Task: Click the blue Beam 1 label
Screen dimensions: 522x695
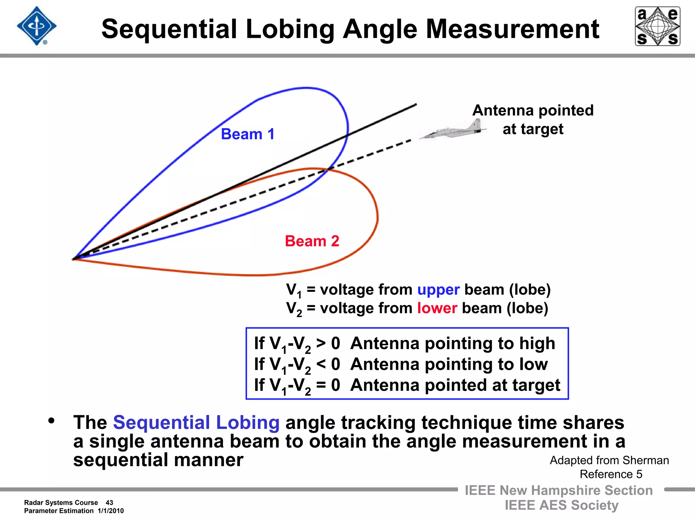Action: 248,134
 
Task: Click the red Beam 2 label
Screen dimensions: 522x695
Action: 312,241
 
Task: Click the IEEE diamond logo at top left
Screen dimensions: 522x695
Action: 37,26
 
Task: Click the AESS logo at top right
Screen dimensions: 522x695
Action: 657,26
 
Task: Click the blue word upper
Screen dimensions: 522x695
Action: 438,290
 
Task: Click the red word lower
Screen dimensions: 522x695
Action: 437,308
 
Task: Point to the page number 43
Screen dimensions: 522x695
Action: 109,503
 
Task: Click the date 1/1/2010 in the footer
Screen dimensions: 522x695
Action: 111,511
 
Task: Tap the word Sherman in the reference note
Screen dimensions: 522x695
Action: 645,460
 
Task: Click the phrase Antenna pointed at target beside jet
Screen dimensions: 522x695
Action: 533,120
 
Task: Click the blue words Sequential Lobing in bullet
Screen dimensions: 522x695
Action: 196,422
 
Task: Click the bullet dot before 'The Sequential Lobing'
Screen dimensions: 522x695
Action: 52,421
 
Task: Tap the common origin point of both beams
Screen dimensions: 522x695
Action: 73,259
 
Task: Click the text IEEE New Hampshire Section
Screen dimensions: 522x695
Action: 558,490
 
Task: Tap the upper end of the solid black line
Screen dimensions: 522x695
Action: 416,105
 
